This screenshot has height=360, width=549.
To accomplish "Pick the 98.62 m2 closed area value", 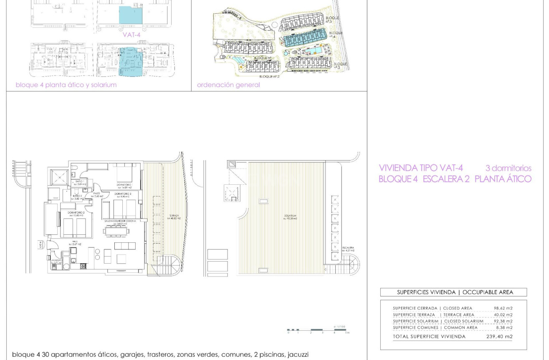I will (x=503, y=308).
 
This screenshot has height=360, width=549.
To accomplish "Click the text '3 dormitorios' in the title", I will (x=508, y=169).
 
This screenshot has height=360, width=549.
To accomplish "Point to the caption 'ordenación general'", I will (x=228, y=85).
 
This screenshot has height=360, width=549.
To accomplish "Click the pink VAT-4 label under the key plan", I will (x=131, y=35).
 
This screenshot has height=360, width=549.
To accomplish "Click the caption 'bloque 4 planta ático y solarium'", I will (x=66, y=85).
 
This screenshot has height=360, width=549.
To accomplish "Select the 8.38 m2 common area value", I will (x=504, y=328).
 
